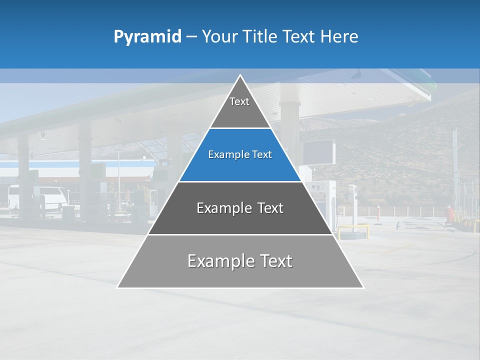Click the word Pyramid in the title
pyautogui.click(x=147, y=37)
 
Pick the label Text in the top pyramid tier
pyautogui.click(x=239, y=101)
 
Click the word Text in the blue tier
pyautogui.click(x=262, y=155)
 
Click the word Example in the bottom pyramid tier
pyautogui.click(x=218, y=261)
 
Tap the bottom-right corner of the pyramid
pyautogui.click(x=363, y=287)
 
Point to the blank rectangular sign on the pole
pyautogui.click(x=318, y=152)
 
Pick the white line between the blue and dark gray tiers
pyautogui.click(x=240, y=181)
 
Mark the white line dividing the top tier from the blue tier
pyautogui.click(x=240, y=128)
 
